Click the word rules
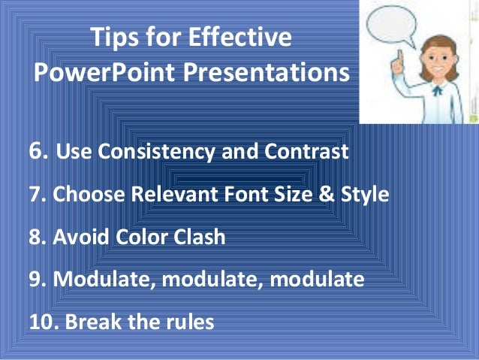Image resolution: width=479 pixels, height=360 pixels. [187, 322]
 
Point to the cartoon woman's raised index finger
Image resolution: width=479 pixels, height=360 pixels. [399, 56]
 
